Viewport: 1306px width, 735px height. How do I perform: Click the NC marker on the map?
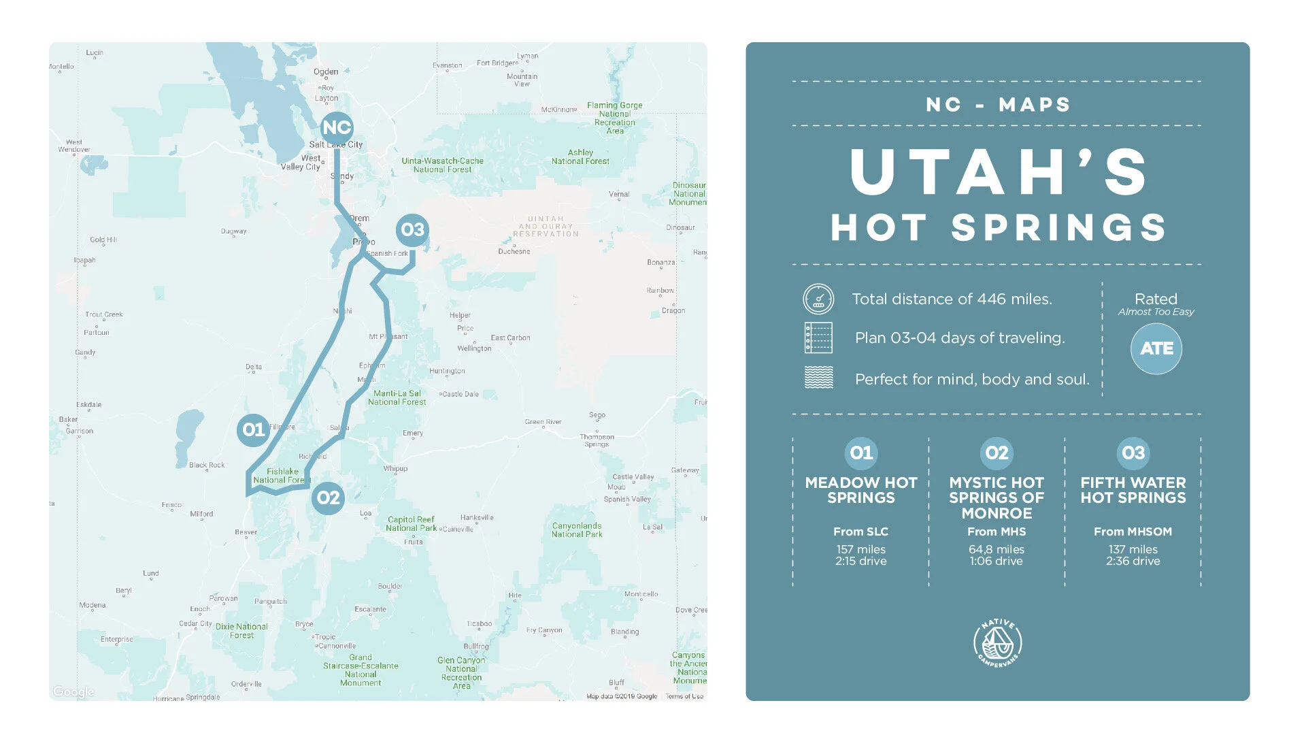point(337,128)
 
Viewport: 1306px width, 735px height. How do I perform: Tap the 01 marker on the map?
point(254,429)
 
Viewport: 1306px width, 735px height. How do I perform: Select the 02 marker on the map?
point(328,497)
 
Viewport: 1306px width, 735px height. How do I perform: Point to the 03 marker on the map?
point(412,230)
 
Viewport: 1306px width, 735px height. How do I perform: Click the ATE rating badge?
point(1156,348)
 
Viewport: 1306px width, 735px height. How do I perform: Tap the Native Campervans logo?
point(997,642)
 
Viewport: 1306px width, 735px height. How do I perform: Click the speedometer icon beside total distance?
point(818,299)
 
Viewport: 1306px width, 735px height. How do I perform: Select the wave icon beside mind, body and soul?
point(818,377)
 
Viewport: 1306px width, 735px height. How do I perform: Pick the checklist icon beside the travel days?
point(818,338)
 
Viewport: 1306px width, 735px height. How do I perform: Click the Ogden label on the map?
point(326,71)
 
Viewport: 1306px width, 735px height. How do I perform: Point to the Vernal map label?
point(619,194)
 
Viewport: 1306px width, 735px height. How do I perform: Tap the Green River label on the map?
point(543,422)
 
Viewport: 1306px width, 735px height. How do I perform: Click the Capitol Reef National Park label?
point(411,523)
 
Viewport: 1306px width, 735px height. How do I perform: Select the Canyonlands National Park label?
point(577,529)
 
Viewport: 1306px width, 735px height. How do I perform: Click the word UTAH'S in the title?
point(998,172)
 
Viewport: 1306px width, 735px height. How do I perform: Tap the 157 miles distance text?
point(860,549)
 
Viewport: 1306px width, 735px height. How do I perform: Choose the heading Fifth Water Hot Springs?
point(1133,490)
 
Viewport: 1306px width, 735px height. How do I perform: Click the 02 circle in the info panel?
point(997,453)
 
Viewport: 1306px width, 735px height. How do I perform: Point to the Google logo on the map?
point(73,691)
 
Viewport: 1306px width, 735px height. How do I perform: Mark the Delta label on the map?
point(254,367)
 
